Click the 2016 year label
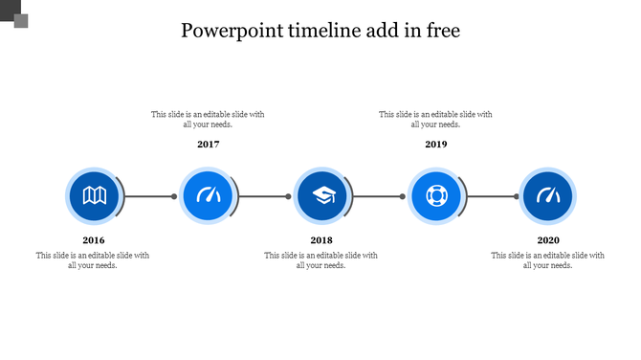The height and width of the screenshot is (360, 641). click(x=94, y=240)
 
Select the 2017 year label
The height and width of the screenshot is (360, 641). click(x=209, y=145)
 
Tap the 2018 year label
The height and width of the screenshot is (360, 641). click(x=321, y=240)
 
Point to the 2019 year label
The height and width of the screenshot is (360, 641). click(x=436, y=145)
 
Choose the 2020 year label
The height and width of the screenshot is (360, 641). click(x=548, y=240)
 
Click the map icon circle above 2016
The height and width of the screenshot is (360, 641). click(x=94, y=196)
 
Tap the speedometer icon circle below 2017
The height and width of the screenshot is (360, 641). click(x=209, y=196)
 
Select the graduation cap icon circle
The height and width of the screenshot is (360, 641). click(x=322, y=196)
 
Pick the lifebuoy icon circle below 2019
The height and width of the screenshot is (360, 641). click(x=436, y=196)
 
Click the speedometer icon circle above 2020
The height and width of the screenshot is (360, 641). click(x=548, y=196)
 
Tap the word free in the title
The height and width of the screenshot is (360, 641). click(x=441, y=31)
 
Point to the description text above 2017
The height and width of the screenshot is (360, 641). click(x=209, y=119)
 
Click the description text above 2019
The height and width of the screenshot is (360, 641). click(x=436, y=119)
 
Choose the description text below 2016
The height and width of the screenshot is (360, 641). click(x=94, y=260)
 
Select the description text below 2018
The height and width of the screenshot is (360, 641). click(x=321, y=260)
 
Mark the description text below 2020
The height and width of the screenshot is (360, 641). click(x=548, y=260)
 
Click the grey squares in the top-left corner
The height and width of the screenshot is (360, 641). click(x=14, y=14)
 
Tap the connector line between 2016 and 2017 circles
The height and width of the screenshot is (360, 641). click(x=149, y=196)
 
